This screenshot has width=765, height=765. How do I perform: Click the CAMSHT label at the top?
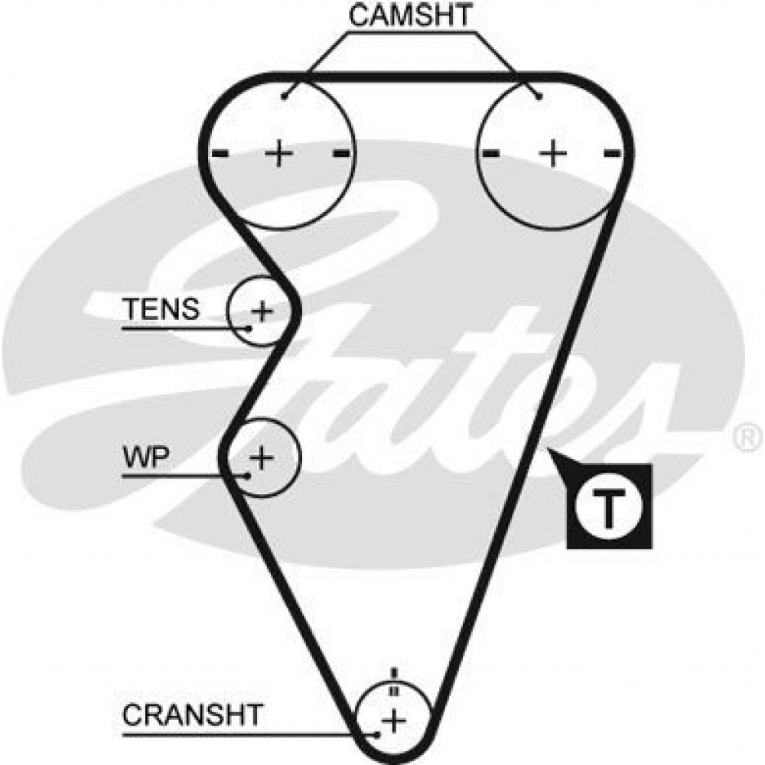(x=411, y=15)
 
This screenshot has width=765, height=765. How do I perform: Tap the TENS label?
(x=161, y=310)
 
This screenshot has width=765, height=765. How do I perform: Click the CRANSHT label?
(x=192, y=716)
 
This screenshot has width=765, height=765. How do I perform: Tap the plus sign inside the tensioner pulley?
(x=262, y=311)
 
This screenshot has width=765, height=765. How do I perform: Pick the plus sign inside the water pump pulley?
(x=262, y=458)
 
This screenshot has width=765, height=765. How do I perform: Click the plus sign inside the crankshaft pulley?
(x=394, y=719)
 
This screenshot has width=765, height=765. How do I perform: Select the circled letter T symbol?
(x=609, y=506)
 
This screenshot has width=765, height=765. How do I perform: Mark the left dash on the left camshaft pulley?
(x=220, y=154)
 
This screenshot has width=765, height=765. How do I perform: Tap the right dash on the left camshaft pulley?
(x=341, y=154)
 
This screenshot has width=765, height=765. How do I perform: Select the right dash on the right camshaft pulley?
(x=611, y=154)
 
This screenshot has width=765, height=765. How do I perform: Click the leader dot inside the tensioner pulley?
(x=250, y=328)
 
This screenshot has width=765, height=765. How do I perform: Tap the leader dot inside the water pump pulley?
(x=249, y=475)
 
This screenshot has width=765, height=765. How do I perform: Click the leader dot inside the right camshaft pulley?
(x=540, y=96)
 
